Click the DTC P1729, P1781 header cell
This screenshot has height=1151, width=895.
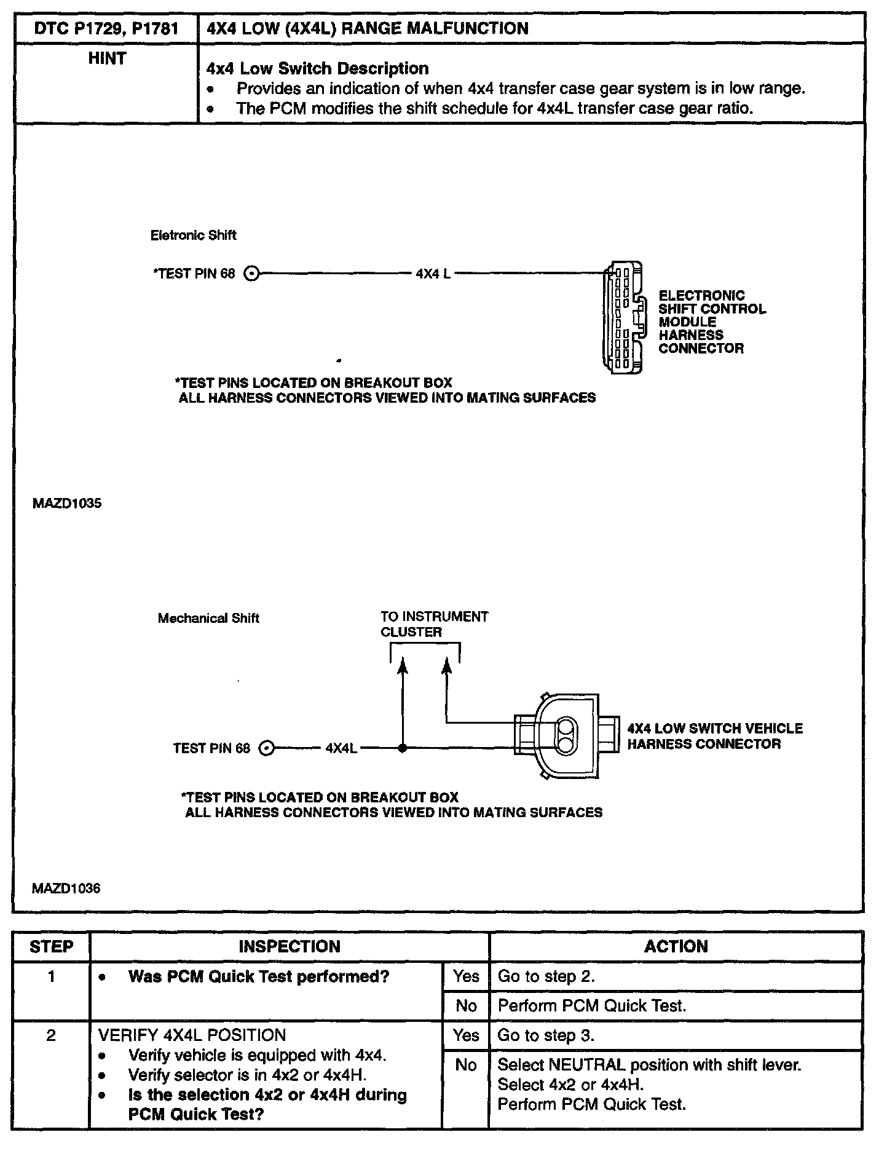106,28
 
